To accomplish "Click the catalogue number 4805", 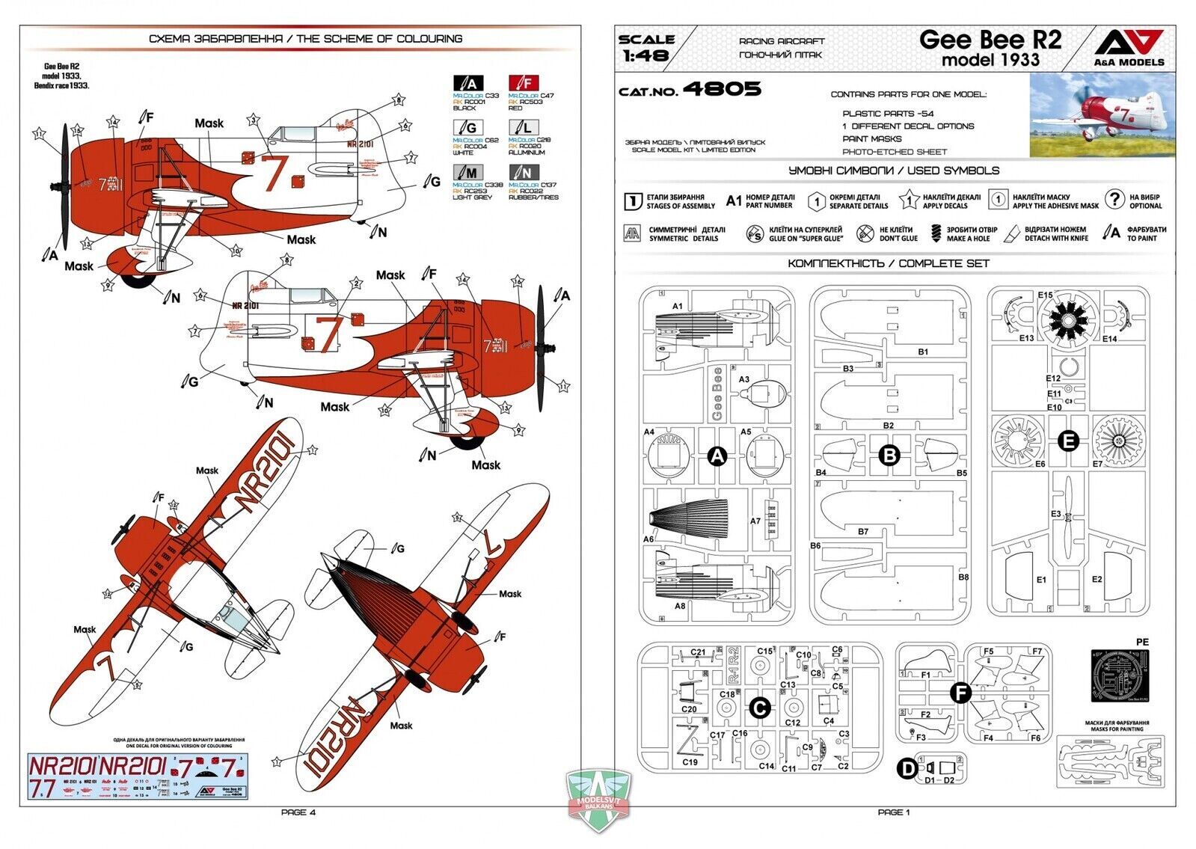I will (722, 90).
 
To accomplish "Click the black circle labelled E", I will (1069, 441).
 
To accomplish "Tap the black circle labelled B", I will (889, 455).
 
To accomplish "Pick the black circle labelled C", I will (759, 706).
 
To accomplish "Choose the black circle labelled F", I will (960, 693).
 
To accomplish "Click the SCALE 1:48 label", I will (646, 46).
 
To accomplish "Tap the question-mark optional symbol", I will (1114, 199).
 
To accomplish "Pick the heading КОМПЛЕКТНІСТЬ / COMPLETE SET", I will (888, 263).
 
